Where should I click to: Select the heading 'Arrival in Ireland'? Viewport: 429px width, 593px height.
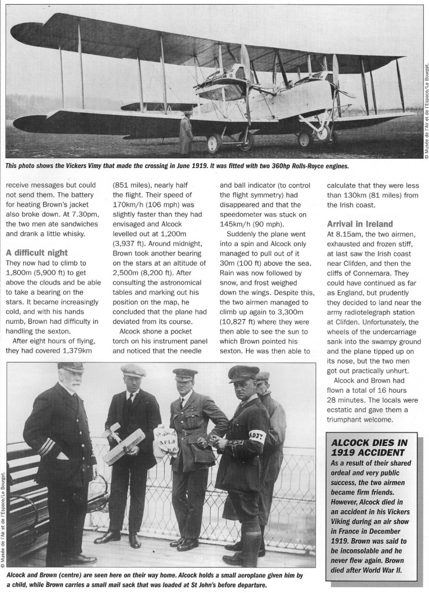click(359, 224)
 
